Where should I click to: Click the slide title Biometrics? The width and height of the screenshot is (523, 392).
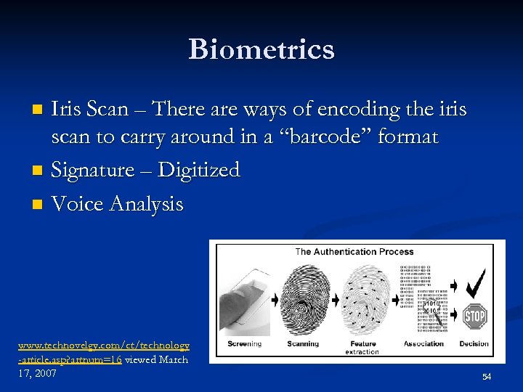(x=261, y=49)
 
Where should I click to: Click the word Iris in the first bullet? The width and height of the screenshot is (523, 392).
(x=67, y=110)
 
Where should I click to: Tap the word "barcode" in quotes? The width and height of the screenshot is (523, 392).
(x=335, y=137)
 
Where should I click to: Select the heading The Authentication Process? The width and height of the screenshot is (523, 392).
(x=354, y=252)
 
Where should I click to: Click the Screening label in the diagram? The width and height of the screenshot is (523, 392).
(x=244, y=343)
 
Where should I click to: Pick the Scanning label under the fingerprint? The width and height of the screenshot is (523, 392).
(x=303, y=343)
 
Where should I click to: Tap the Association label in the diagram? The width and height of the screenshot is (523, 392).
(x=423, y=343)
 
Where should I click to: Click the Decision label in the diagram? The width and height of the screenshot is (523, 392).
(x=474, y=343)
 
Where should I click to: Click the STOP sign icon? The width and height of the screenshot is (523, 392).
(x=474, y=316)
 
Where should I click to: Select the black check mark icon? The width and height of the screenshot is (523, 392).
(x=475, y=282)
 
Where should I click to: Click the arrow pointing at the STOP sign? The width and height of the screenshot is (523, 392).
(x=453, y=316)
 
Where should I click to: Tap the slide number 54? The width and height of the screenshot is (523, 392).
(x=487, y=377)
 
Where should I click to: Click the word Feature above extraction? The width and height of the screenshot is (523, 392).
(x=362, y=343)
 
